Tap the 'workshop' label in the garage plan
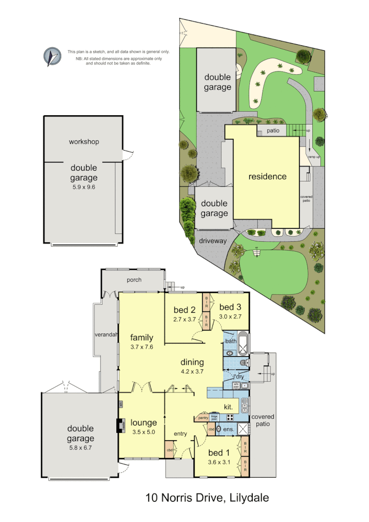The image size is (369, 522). (x=84, y=142)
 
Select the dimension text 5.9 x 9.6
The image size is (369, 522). (x=84, y=187)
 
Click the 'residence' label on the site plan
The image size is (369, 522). (x=267, y=176)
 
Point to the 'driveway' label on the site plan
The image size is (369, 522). (x=213, y=241)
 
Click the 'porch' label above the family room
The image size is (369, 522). (x=134, y=280)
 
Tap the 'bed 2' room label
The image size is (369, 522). (x=185, y=310)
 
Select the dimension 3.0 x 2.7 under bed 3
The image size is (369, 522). (x=230, y=317)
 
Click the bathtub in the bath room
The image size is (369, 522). (x=243, y=347)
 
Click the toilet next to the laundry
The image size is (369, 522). (x=242, y=363)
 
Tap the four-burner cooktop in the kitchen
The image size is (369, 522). (x=230, y=417)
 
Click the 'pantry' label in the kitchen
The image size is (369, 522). (x=202, y=418)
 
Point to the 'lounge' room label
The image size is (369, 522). (x=144, y=423)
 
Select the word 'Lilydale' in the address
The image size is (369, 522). (x=249, y=498)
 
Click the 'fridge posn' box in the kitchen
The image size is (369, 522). (x=214, y=417)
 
